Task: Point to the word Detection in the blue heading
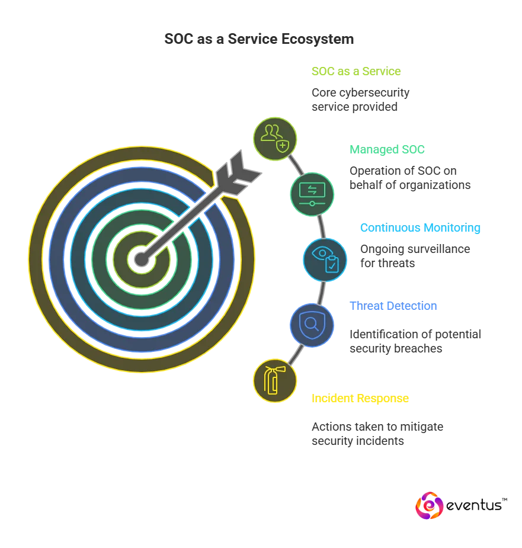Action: [x=417, y=307]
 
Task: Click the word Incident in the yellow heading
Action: [x=334, y=399]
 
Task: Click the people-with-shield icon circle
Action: [x=275, y=139]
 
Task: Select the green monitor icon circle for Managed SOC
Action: [x=312, y=194]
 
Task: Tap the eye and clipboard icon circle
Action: [x=325, y=259]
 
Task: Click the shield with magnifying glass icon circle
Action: [x=312, y=325]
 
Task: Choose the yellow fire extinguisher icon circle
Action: [x=274, y=380]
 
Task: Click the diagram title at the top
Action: [x=258, y=40]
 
